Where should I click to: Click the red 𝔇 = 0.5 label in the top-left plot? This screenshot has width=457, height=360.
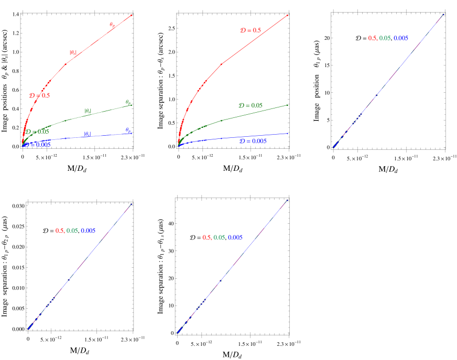click(x=39, y=96)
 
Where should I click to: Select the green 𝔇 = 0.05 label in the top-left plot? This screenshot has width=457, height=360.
click(x=37, y=132)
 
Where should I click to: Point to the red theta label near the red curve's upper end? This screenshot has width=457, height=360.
click(x=112, y=24)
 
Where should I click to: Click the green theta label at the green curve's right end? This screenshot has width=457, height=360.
click(x=128, y=102)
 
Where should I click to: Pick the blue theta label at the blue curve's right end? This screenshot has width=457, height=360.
click(x=128, y=130)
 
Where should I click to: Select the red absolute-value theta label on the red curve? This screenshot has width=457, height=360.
click(x=73, y=52)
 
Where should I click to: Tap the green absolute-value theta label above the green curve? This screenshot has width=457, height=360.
click(x=88, y=111)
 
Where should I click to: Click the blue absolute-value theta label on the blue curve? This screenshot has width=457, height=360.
click(x=88, y=134)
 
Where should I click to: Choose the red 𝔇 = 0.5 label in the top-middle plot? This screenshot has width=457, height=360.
click(x=250, y=30)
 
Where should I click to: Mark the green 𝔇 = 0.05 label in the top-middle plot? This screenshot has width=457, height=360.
click(x=251, y=105)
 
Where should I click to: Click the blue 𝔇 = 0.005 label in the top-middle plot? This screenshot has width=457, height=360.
click(x=253, y=141)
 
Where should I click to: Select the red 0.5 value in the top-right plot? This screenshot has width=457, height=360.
click(x=372, y=38)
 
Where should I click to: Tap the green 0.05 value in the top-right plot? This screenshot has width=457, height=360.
click(x=385, y=38)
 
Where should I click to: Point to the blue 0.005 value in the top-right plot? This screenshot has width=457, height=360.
click(x=401, y=38)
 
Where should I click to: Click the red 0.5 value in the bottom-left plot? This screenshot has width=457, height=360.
click(x=60, y=231)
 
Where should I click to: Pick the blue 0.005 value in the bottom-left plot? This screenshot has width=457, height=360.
click(x=88, y=231)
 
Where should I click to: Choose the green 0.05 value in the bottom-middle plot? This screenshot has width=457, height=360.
click(x=219, y=237)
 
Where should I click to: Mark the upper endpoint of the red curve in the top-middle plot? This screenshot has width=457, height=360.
click(x=288, y=15)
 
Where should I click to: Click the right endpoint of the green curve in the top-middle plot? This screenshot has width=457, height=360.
click(x=288, y=105)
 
